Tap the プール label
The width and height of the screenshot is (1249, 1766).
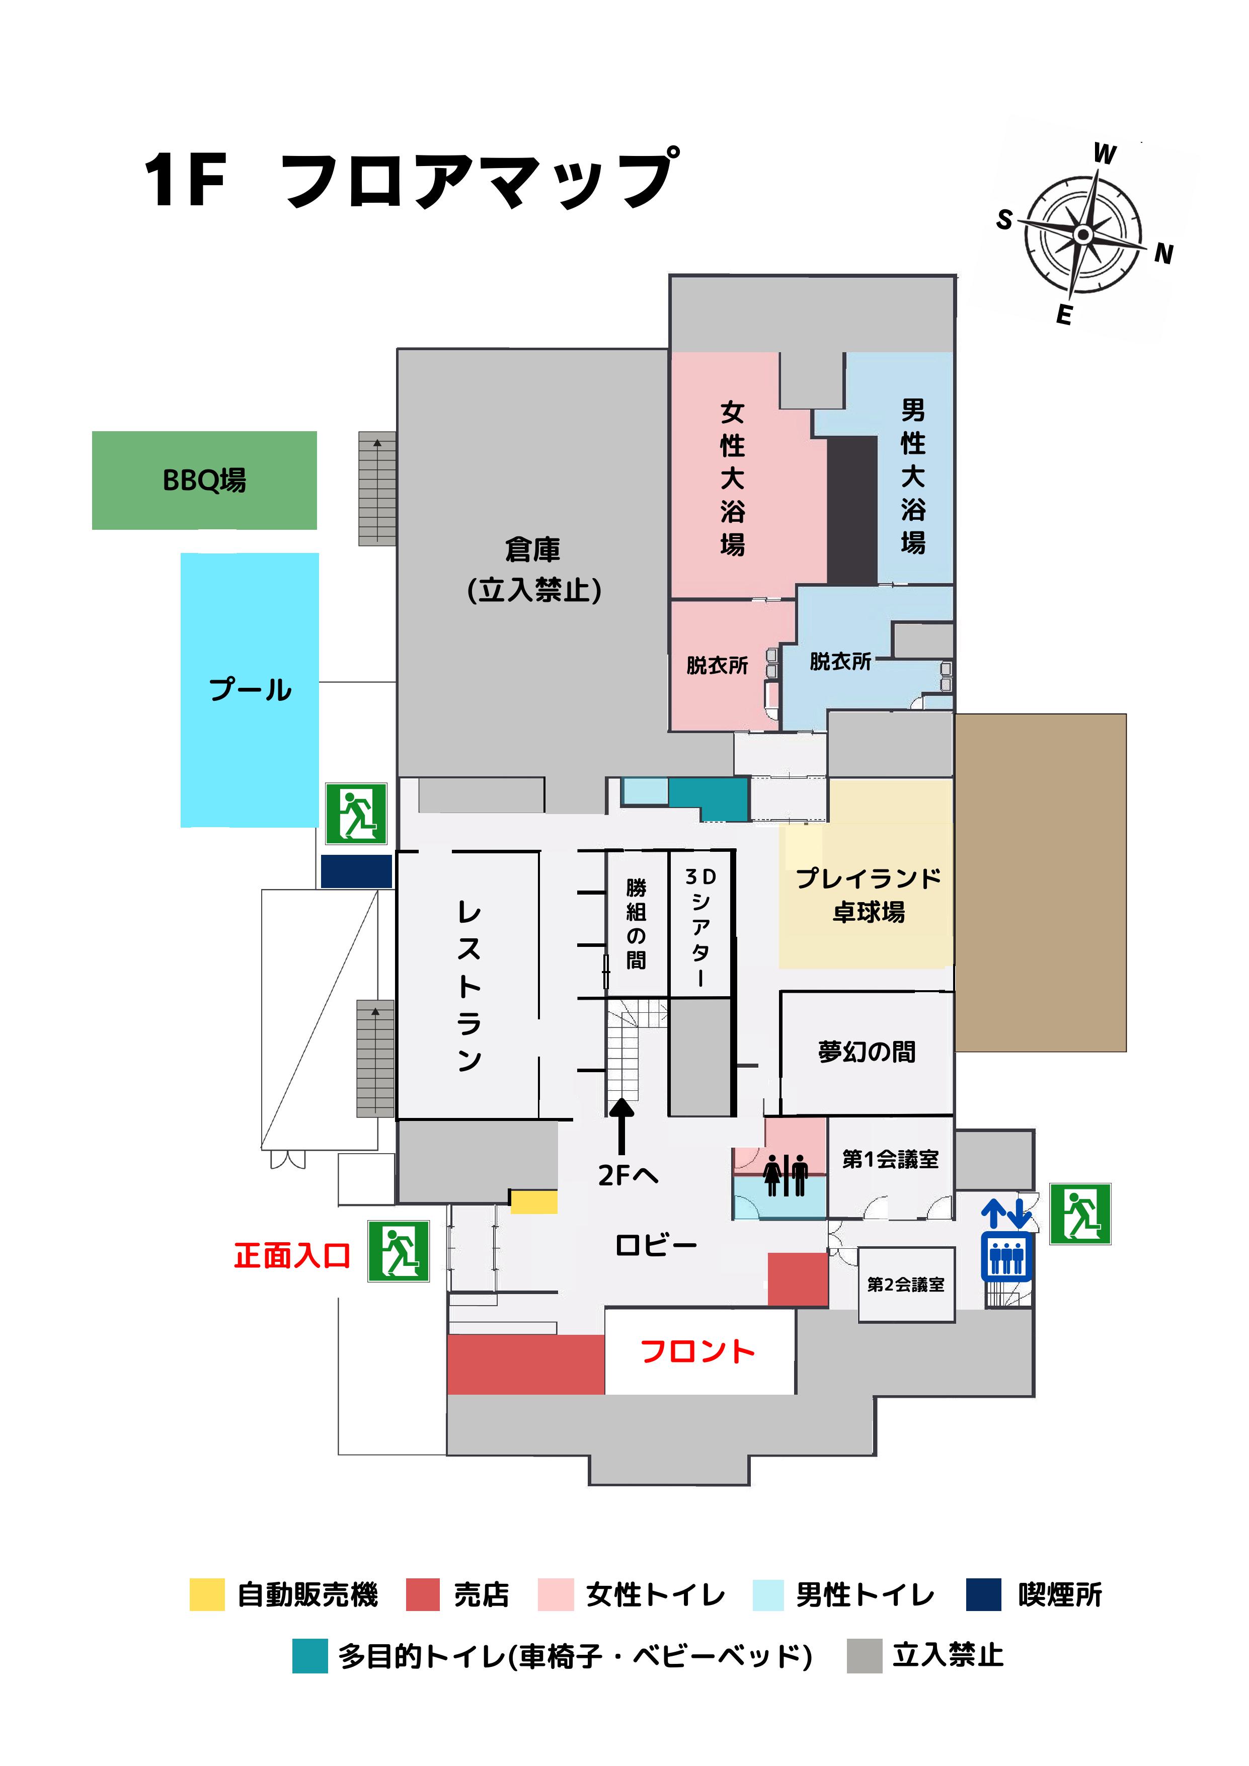coord(250,689)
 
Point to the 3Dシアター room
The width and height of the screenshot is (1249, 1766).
coord(700,926)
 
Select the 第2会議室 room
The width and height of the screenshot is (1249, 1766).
coord(905,1285)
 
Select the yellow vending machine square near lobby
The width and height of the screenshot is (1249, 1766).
coord(534,1202)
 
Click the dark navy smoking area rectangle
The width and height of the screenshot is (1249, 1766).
coord(356,871)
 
